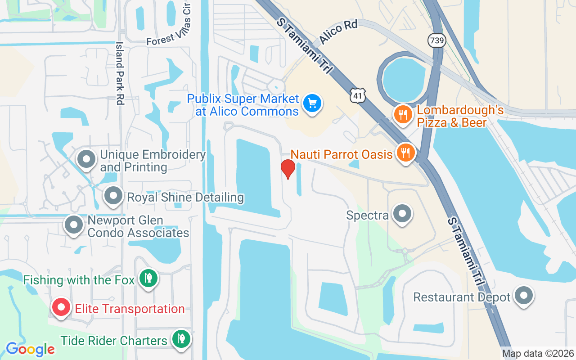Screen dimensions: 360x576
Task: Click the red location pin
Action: (x=288, y=169)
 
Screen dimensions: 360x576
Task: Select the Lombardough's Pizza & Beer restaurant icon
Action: (x=403, y=114)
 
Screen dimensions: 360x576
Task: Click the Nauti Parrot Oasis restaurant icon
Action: (x=406, y=153)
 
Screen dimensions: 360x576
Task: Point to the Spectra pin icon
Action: (x=402, y=213)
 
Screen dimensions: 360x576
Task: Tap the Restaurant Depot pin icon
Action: (x=524, y=296)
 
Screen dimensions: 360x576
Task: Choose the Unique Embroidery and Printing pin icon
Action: (x=86, y=159)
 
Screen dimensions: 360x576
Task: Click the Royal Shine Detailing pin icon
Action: (x=113, y=196)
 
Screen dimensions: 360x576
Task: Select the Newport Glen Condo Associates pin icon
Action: (x=74, y=225)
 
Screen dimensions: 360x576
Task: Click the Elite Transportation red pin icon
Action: (x=61, y=308)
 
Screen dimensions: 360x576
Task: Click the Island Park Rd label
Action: (x=120, y=73)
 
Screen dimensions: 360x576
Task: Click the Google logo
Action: (x=30, y=349)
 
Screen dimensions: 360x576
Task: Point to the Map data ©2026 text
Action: (x=538, y=354)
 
